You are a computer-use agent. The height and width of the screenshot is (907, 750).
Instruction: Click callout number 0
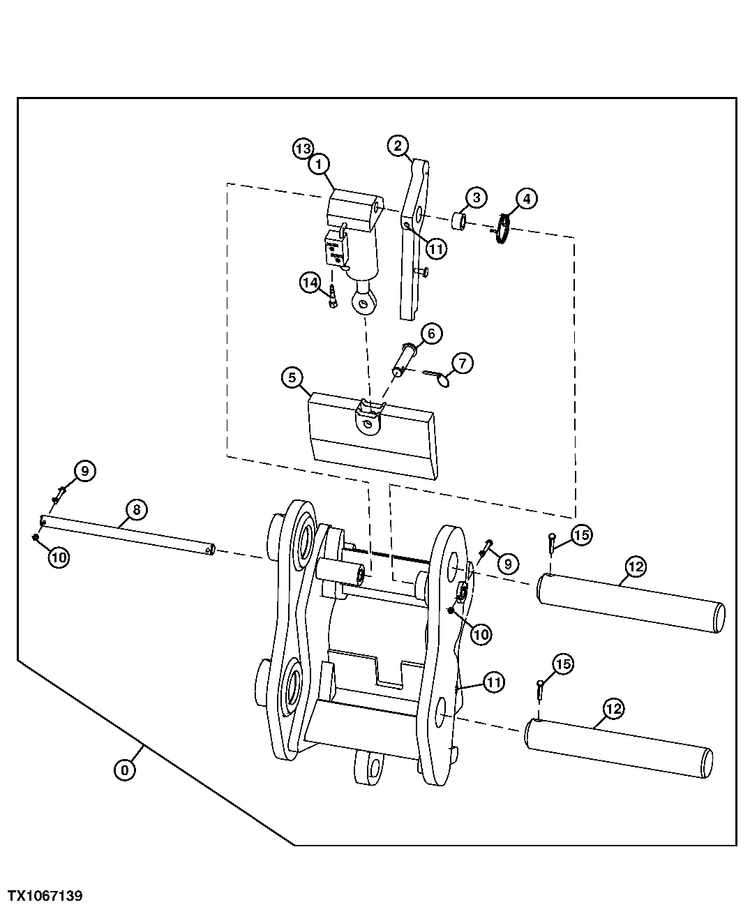coord(124,770)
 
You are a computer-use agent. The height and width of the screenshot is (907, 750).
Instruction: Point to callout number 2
coord(397,146)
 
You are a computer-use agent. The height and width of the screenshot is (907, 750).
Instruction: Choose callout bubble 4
coord(525,199)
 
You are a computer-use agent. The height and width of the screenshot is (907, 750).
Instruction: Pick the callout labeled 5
coord(292,377)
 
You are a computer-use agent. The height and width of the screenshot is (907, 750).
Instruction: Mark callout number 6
coord(430,333)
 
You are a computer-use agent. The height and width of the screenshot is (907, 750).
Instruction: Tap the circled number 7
coord(462,363)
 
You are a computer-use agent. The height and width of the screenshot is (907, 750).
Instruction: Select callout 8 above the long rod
coord(136,510)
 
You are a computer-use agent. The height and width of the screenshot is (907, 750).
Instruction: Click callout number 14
coord(310,283)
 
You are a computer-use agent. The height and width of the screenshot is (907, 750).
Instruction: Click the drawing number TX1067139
coord(45,895)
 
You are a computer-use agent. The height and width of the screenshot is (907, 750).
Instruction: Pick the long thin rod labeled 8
coord(126,534)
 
